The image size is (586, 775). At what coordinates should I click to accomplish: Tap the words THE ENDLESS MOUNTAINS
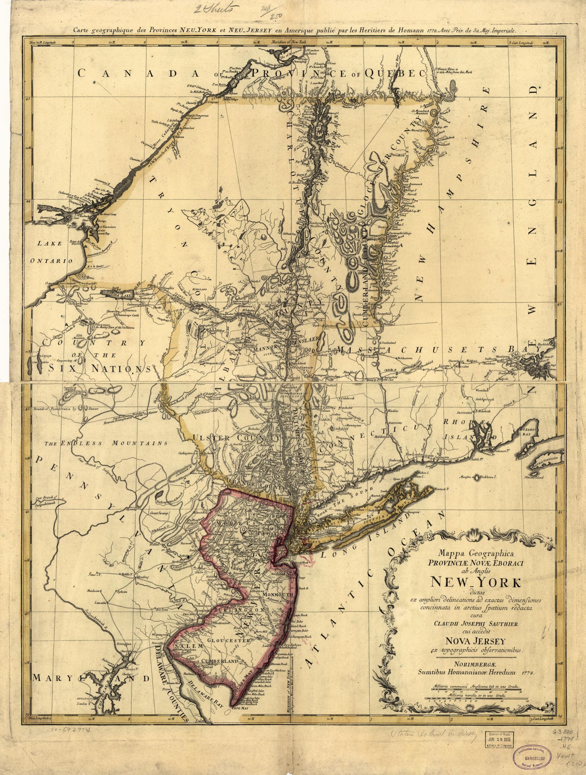click(x=106, y=443)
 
